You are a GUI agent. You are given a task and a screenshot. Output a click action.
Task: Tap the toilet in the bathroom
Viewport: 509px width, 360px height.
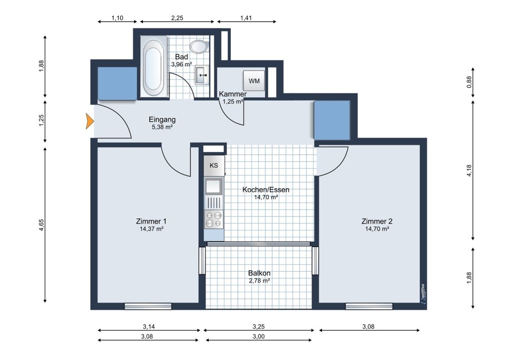[199, 46]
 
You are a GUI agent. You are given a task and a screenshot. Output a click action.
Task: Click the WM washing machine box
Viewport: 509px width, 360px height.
[254, 81]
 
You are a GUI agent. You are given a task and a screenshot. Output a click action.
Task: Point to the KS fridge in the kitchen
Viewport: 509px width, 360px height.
[214, 166]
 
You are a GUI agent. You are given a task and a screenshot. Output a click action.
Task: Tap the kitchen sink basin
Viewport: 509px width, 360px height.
[213, 186]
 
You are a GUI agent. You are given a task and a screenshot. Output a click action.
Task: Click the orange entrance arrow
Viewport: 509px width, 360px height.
[90, 121]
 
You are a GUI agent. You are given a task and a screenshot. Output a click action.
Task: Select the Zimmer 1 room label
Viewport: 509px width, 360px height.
[151, 221]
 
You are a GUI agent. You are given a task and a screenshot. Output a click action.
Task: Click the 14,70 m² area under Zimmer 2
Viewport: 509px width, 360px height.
[377, 229]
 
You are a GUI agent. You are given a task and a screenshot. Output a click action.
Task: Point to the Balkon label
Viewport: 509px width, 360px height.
[259, 273]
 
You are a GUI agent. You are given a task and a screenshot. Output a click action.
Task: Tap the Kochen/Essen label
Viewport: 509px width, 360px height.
[266, 189]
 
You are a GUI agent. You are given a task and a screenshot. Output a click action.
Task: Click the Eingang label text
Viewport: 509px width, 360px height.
[162, 119]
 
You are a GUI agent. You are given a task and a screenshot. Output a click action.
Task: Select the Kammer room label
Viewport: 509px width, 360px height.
[233, 94]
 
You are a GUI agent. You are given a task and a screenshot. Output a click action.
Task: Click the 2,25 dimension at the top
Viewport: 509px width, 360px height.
[177, 18]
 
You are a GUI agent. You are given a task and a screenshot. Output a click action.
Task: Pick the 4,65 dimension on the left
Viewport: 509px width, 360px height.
[41, 225]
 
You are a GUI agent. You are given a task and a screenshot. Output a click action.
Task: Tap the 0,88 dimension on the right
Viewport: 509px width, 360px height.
[469, 82]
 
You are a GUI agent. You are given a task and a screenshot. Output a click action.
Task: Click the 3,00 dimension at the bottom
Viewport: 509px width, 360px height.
[259, 337]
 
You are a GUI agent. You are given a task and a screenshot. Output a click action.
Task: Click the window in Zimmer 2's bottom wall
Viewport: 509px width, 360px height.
[369, 306]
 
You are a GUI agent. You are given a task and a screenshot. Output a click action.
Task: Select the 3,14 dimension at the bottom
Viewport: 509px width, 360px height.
[149, 327]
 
